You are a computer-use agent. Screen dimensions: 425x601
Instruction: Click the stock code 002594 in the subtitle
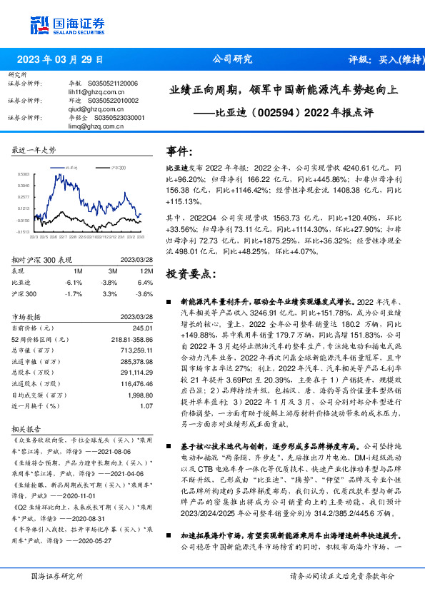(x=265, y=112)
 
